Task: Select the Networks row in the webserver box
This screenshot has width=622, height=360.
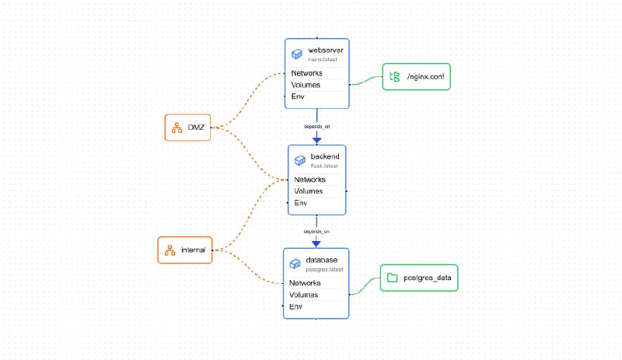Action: [307, 73]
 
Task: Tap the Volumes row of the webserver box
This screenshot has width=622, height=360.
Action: [306, 85]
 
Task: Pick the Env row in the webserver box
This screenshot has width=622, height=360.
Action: [298, 96]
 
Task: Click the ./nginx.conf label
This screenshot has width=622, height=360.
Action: [424, 76]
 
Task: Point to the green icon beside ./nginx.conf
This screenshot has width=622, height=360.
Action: [394, 76]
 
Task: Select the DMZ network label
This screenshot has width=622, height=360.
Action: [195, 127]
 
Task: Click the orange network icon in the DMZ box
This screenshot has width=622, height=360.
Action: [176, 127]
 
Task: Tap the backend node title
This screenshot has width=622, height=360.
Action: [324, 156]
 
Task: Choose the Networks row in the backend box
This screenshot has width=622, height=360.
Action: [309, 180]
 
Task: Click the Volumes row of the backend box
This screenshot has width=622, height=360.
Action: [308, 191]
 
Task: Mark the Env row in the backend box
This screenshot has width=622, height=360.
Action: [300, 203]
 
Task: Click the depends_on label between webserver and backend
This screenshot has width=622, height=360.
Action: [316, 124]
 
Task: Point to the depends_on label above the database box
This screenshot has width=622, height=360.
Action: [316, 231]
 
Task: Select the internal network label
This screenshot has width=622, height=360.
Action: [193, 250]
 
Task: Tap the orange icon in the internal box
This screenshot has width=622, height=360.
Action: [169, 250]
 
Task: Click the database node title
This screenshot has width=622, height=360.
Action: [321, 260]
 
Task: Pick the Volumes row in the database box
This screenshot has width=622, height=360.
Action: [303, 295]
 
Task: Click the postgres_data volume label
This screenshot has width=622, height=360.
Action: [427, 278]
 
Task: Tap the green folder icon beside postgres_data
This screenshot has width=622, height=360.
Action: [392, 278]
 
